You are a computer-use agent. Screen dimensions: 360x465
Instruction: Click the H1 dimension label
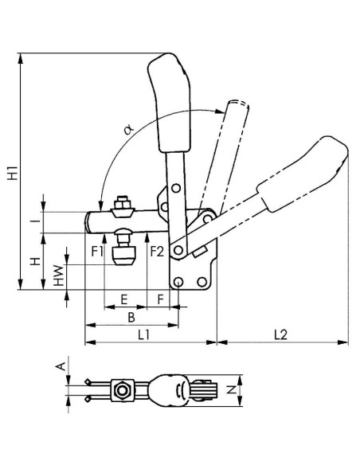[13, 174]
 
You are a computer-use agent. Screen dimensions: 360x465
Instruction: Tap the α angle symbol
[129, 129]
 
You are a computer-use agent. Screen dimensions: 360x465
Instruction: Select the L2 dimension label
[280, 334]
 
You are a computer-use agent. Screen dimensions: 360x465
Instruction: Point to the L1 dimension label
[144, 335]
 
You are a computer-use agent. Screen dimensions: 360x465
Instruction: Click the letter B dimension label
[131, 318]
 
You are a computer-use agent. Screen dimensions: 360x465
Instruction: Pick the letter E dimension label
[124, 299]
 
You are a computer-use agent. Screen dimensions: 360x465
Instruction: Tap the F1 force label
[97, 252]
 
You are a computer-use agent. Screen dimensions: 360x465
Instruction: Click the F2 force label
[157, 252]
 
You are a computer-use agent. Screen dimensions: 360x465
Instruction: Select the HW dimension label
[59, 275]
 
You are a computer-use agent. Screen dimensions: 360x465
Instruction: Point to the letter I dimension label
[36, 221]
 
